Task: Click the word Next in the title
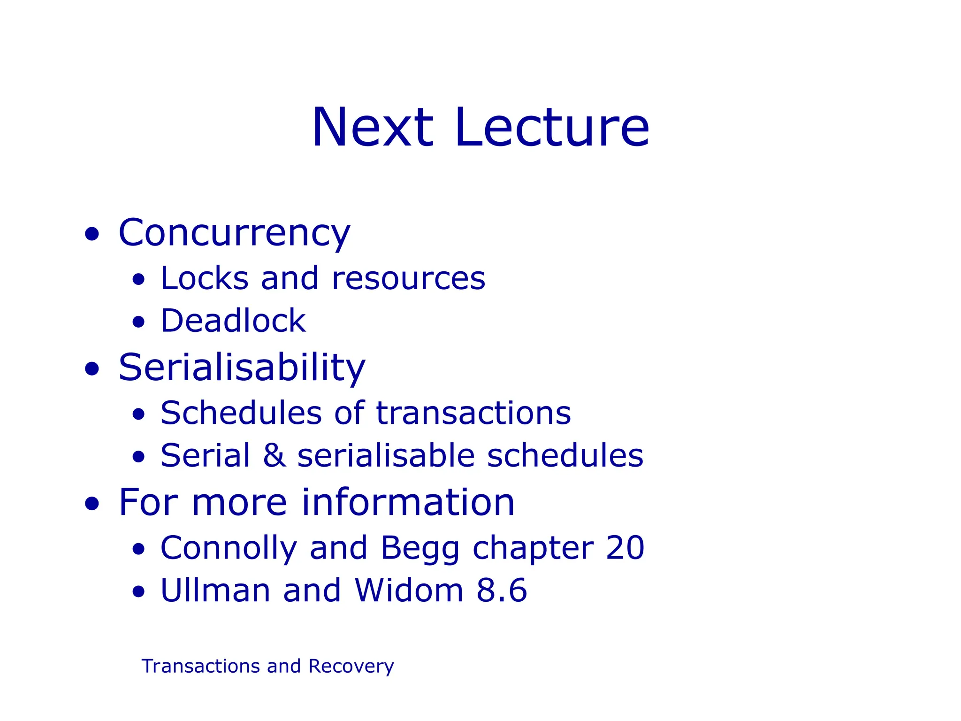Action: click(x=373, y=128)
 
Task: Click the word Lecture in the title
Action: click(x=552, y=128)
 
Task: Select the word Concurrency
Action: click(x=234, y=233)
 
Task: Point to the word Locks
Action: click(x=204, y=278)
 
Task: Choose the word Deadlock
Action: click(x=233, y=321)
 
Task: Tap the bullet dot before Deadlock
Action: click(x=138, y=322)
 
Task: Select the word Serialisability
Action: click(x=242, y=368)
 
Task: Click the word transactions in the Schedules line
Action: click(x=473, y=414)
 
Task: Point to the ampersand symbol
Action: click(x=275, y=456)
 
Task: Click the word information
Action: click(x=408, y=503)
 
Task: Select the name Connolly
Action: click(x=229, y=548)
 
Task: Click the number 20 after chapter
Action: click(x=625, y=548)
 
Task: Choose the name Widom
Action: click(x=409, y=591)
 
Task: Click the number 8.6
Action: click(x=502, y=591)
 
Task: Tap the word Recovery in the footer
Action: click(x=351, y=667)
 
